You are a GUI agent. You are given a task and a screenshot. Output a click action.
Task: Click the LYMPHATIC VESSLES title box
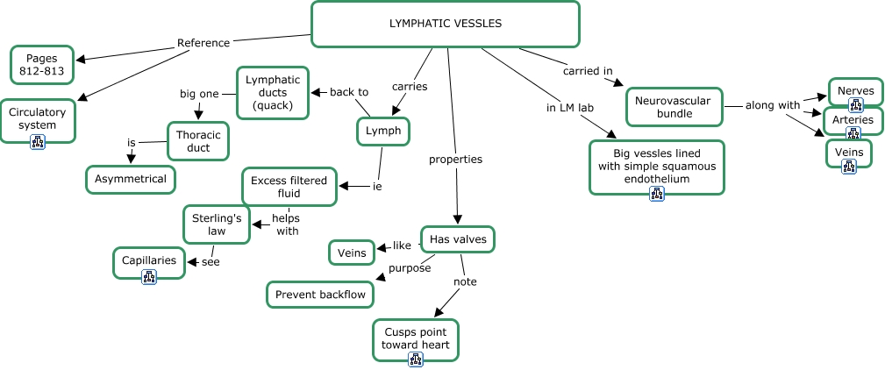click(446, 24)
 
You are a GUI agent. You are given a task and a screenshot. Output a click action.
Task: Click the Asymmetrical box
click(131, 179)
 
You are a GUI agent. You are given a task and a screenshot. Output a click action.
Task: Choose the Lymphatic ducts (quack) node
click(273, 92)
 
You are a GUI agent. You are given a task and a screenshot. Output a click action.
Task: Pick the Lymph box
click(383, 131)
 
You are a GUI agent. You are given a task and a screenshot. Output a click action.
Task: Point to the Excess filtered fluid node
click(289, 187)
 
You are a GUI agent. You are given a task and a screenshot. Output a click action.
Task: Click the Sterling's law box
click(217, 224)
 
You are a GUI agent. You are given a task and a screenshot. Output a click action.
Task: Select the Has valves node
click(457, 238)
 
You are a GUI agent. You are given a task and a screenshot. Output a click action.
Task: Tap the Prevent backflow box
click(320, 295)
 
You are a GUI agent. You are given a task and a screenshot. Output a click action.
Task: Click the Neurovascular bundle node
click(674, 106)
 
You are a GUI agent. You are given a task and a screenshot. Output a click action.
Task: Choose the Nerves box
click(855, 91)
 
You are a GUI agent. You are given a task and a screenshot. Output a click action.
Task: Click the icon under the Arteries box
click(853, 134)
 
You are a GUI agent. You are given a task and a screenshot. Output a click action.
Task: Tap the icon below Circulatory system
click(38, 142)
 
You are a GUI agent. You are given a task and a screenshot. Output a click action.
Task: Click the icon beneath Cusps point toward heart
click(416, 359)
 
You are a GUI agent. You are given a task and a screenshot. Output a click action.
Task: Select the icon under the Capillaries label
click(149, 277)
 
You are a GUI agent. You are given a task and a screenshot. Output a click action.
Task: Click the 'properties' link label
click(455, 160)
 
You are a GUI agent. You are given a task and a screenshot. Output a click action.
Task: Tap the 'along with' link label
click(772, 105)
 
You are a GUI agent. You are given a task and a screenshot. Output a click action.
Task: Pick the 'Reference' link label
click(203, 42)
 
